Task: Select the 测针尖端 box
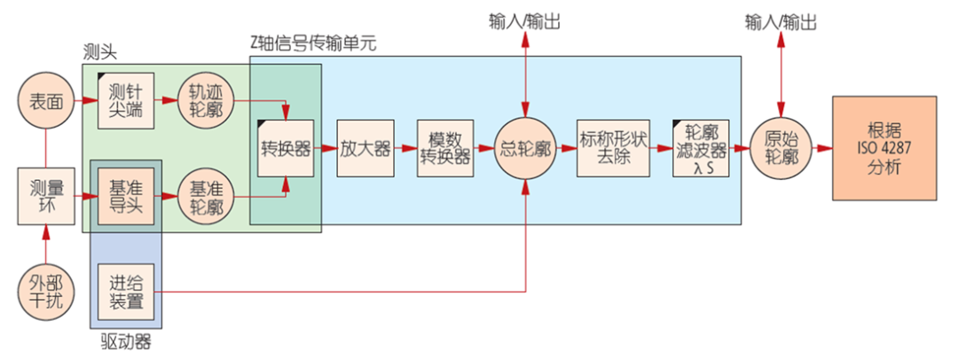(x=126, y=100)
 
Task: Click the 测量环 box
(x=44, y=193)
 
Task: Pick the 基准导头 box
(x=126, y=193)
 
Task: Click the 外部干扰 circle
(x=44, y=293)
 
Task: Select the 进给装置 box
(x=126, y=293)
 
